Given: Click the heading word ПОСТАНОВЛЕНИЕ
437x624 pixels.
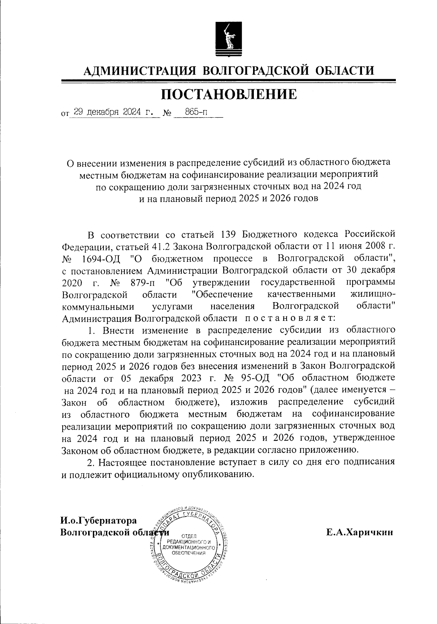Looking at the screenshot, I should coord(229,94).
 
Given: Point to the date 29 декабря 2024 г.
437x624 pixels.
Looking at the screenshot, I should coord(113,112).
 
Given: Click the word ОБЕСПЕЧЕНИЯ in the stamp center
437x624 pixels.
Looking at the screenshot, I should coord(189,553).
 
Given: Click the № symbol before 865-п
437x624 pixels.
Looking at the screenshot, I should coord(168,113).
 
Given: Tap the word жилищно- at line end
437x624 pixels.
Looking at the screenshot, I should coord(373,294).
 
